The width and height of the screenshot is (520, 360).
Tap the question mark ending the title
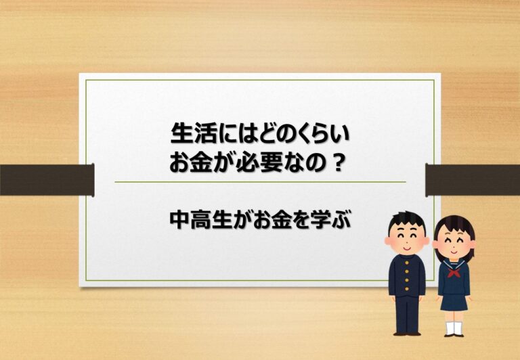(x=339, y=163)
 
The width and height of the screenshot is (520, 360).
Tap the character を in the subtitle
(x=298, y=219)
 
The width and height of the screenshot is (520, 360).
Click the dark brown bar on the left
(x=47, y=180)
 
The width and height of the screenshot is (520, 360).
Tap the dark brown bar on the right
(x=473, y=180)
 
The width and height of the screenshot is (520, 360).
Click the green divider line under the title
(x=260, y=182)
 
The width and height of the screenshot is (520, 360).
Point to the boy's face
(x=407, y=240)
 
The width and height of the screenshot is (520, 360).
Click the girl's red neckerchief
(x=454, y=273)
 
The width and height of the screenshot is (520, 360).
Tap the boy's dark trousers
(x=407, y=314)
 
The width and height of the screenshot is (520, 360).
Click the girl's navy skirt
(x=454, y=302)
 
